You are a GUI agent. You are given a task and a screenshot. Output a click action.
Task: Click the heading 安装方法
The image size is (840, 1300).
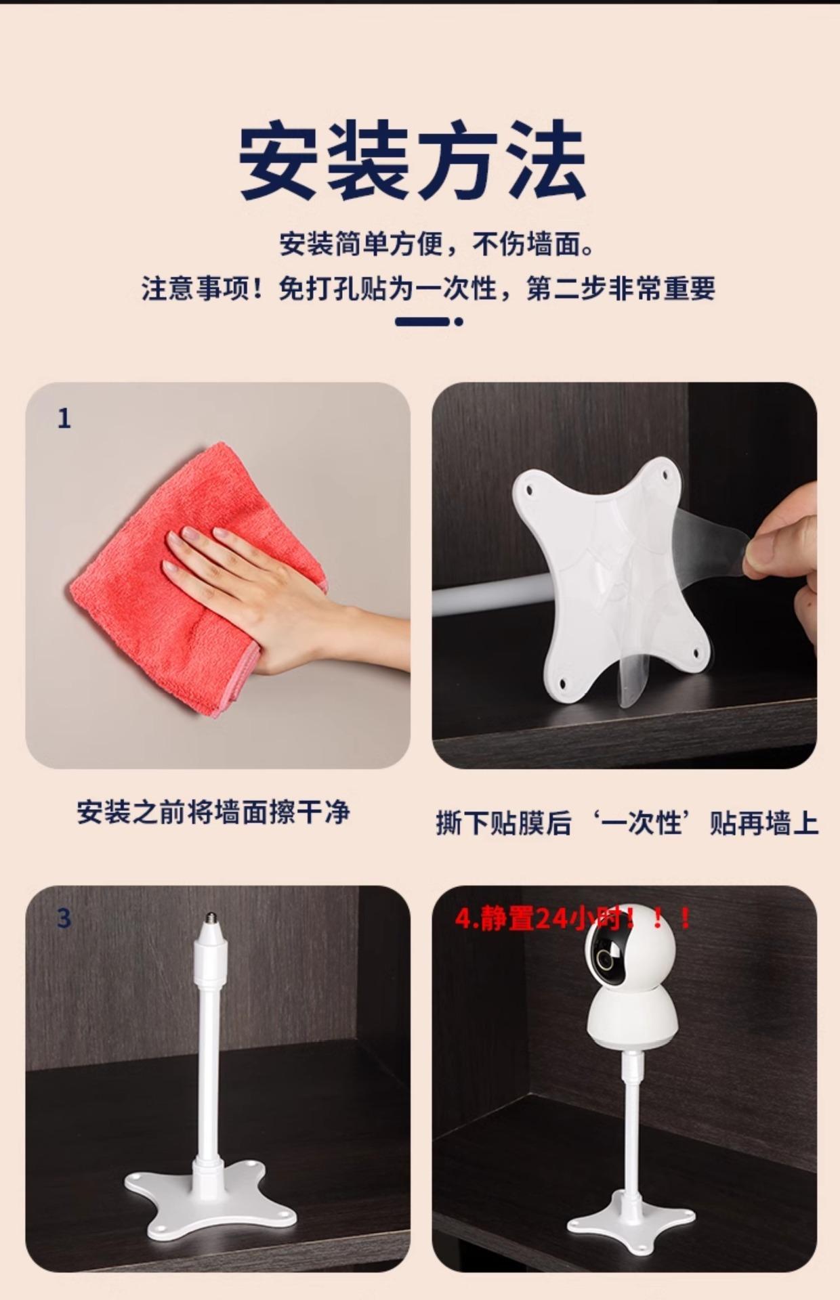413,160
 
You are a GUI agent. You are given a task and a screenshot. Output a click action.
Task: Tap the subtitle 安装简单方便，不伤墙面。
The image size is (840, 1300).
437,244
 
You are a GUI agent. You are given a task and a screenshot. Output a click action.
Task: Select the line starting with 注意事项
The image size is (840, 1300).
428,288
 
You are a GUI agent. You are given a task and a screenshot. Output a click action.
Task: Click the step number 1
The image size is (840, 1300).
64,419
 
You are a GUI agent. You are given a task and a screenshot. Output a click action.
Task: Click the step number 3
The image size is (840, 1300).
64,918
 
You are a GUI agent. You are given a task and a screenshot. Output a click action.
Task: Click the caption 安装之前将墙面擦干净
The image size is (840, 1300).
213,812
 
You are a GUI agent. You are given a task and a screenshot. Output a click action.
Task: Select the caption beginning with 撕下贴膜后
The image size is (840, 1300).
627,823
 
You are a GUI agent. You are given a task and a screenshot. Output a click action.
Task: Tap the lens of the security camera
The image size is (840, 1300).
607,959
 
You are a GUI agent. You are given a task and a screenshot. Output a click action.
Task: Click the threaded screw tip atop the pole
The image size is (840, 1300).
210,920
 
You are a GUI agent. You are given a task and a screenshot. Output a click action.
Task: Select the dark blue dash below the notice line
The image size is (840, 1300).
422,322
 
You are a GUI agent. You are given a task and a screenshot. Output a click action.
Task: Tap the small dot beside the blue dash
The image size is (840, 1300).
459,322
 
